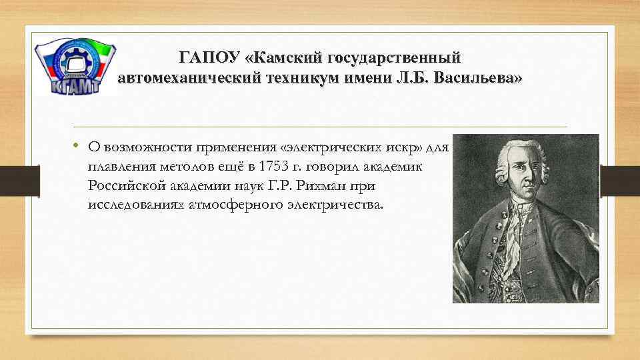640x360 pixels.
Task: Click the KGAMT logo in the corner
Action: [x=75, y=67]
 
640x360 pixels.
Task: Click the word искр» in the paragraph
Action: [x=407, y=146]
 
